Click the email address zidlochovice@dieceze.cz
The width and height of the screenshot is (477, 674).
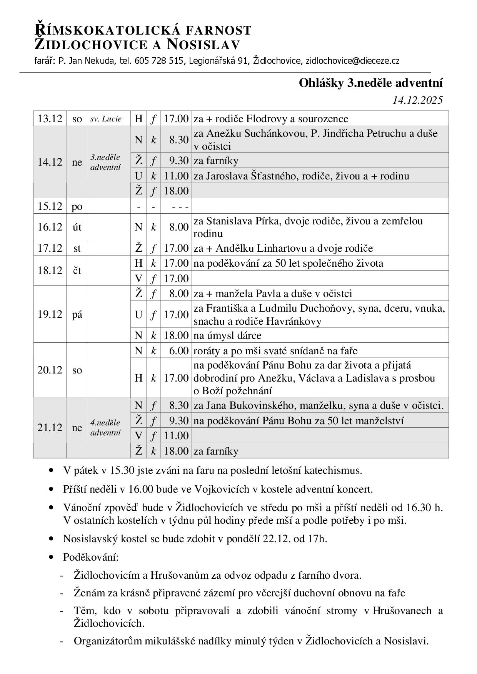[352, 61]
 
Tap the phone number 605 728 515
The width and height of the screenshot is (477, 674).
[158, 61]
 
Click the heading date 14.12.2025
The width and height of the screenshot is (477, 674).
[417, 100]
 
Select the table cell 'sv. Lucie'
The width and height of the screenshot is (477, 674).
[106, 119]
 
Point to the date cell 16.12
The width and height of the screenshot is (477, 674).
[50, 227]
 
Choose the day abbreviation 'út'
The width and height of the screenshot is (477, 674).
[77, 227]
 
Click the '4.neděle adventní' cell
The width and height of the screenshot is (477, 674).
[105, 428]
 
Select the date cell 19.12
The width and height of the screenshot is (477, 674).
[50, 314]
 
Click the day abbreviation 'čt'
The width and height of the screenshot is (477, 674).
[77, 271]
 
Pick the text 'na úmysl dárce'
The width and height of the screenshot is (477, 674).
[227, 335]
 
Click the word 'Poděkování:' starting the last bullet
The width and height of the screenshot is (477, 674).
[91, 557]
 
